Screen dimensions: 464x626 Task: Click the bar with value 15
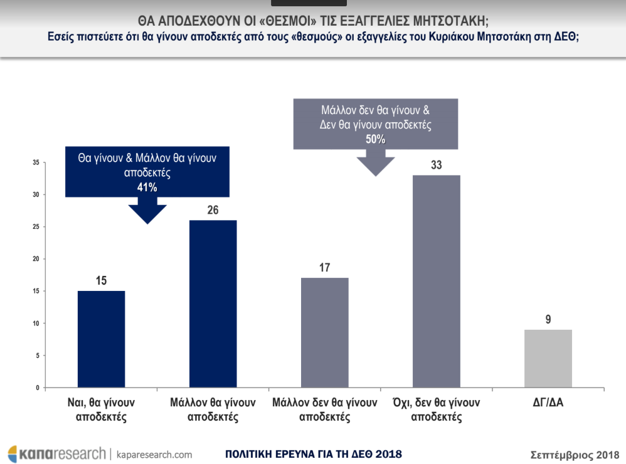click(x=101, y=339)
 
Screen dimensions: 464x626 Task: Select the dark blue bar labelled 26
click(x=213, y=304)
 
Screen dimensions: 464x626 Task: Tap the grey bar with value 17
click(x=324, y=333)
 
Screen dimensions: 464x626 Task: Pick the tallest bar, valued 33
click(x=436, y=282)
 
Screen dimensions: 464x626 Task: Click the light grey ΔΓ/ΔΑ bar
click(x=548, y=359)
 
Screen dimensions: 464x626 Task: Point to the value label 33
click(x=436, y=166)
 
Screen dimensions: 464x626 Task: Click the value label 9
click(x=548, y=320)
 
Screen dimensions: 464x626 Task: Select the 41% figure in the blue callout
click(x=148, y=187)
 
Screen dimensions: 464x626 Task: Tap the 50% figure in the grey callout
click(x=375, y=140)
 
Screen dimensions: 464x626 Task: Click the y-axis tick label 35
click(x=36, y=163)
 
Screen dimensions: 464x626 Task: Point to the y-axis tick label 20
click(x=36, y=260)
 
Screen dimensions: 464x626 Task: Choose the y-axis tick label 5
click(x=37, y=356)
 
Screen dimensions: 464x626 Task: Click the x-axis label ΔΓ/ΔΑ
click(x=548, y=403)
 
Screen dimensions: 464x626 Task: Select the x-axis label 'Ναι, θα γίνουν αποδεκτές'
click(x=101, y=409)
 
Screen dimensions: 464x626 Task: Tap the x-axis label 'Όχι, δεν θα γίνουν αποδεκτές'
click(x=436, y=409)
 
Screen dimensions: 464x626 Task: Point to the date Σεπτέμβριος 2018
click(x=574, y=454)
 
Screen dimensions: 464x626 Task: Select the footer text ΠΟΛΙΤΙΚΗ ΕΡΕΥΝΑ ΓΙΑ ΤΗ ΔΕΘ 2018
click(x=313, y=454)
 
